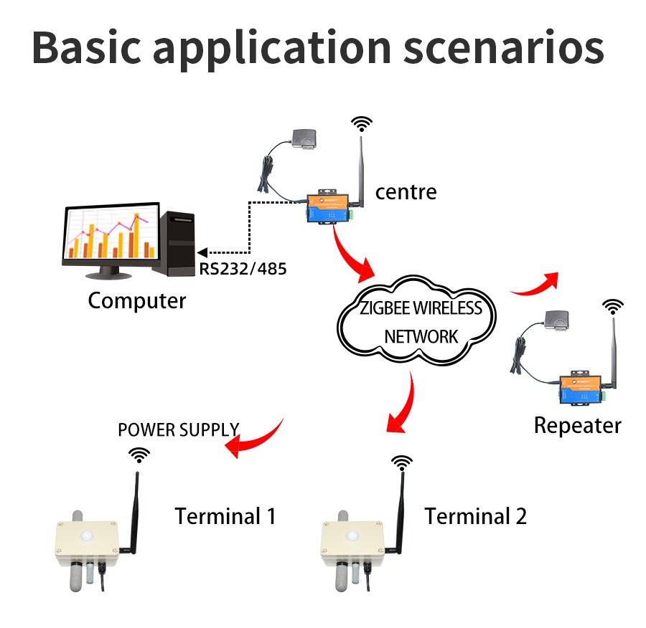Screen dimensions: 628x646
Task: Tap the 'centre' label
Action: click(x=406, y=192)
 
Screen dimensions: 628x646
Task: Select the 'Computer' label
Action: click(x=136, y=300)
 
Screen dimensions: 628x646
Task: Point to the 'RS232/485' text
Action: click(x=241, y=270)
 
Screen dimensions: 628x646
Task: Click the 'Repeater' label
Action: click(x=577, y=425)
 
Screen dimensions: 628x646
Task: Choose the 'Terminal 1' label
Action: click(x=225, y=515)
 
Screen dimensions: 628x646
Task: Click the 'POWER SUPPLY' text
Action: click(x=178, y=430)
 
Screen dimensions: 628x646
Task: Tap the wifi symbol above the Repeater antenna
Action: click(x=612, y=306)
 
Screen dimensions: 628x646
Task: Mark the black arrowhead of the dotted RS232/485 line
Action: click(x=202, y=252)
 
